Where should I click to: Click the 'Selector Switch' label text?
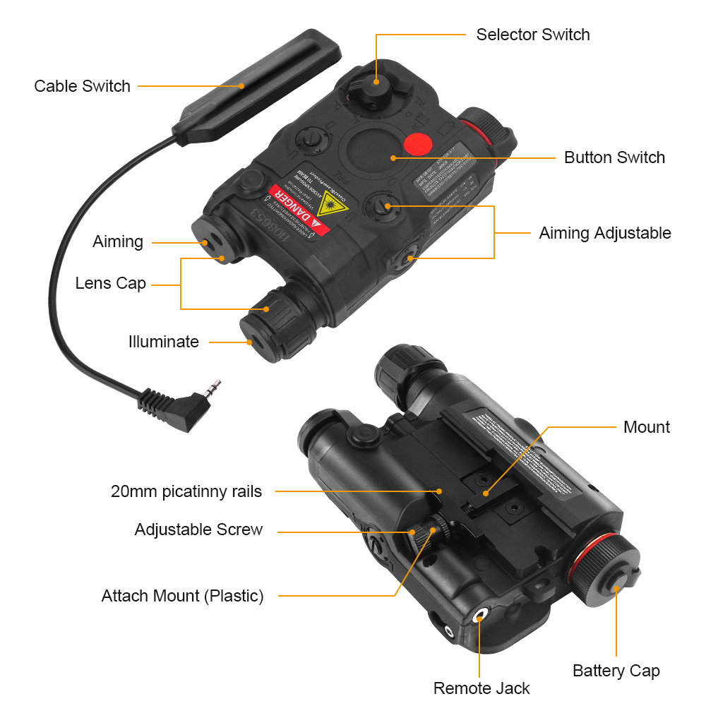tap(532, 35)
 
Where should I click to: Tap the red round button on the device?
tap(417, 144)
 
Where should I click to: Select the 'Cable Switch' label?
tap(82, 86)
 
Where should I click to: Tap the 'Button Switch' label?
tap(614, 157)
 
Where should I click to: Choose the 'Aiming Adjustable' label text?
tap(604, 233)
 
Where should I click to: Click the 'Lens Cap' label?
tap(111, 284)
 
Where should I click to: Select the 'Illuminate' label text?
tap(164, 342)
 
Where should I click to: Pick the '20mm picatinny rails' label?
tap(186, 491)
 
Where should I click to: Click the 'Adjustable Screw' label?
tap(198, 529)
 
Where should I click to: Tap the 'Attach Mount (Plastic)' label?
tap(182, 596)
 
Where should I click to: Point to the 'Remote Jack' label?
tap(481, 688)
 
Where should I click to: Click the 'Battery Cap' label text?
tap(616, 671)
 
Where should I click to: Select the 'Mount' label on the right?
tap(646, 427)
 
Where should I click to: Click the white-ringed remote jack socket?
tap(480, 616)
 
